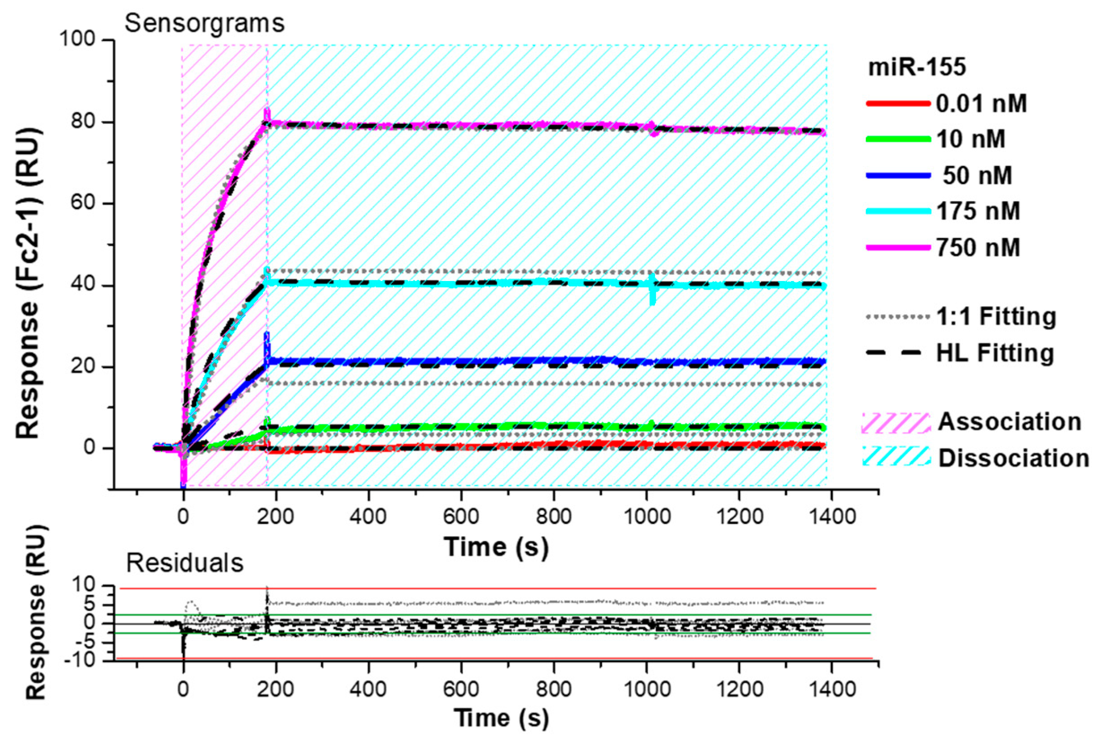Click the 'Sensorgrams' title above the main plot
pyautogui.click(x=205, y=23)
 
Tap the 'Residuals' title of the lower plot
pyautogui.click(x=184, y=563)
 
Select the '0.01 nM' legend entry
pyautogui.click(x=981, y=103)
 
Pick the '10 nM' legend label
pyautogui.click(x=970, y=139)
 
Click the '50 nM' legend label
pyautogui.click(x=977, y=175)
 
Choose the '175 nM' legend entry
pyautogui.click(x=978, y=211)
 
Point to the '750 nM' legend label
pyautogui.click(x=978, y=247)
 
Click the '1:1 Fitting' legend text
pyautogui.click(x=996, y=316)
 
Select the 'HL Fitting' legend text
pyautogui.click(x=995, y=353)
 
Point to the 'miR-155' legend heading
pyautogui.click(x=917, y=67)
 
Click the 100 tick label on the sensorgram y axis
pyautogui.click(x=77, y=40)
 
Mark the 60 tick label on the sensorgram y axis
pyautogui.click(x=83, y=203)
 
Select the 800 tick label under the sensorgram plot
pyautogui.click(x=554, y=516)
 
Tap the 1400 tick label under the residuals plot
pyautogui.click(x=831, y=689)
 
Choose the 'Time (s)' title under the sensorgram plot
pyautogui.click(x=496, y=547)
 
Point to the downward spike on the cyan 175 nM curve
pyautogui.click(x=652, y=299)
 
